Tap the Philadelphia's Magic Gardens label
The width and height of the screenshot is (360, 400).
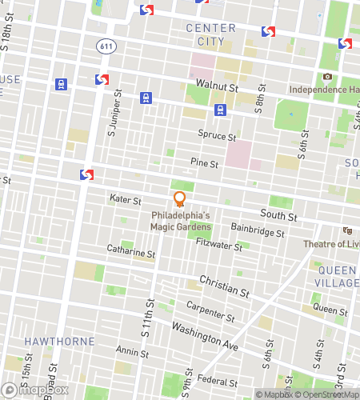[180, 221]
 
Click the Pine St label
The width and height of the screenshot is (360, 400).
[205, 163]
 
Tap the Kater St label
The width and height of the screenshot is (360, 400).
[125, 199]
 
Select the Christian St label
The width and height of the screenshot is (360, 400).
[219, 282]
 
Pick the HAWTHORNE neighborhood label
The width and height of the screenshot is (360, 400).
[59, 341]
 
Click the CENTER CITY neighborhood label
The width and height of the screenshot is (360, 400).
[210, 35]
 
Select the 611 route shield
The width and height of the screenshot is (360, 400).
[106, 46]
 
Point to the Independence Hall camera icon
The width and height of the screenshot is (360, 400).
[327, 77]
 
